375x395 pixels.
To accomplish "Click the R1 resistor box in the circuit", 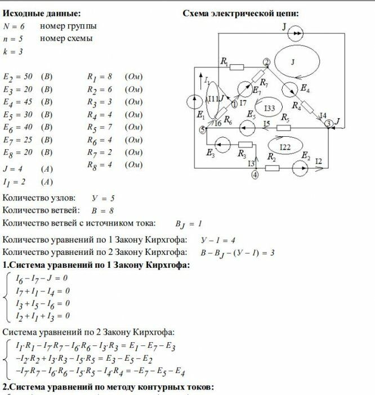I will coord(237,67).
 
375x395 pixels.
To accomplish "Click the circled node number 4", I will coord(255,175).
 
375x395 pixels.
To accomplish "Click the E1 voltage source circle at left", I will coord(195,101).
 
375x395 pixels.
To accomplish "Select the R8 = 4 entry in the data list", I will coord(114,165).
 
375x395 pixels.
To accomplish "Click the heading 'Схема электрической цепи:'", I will coord(240,14).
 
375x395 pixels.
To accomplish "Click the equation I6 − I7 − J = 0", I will coord(41,278).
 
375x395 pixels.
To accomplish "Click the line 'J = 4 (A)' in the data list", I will coord(28,169).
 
